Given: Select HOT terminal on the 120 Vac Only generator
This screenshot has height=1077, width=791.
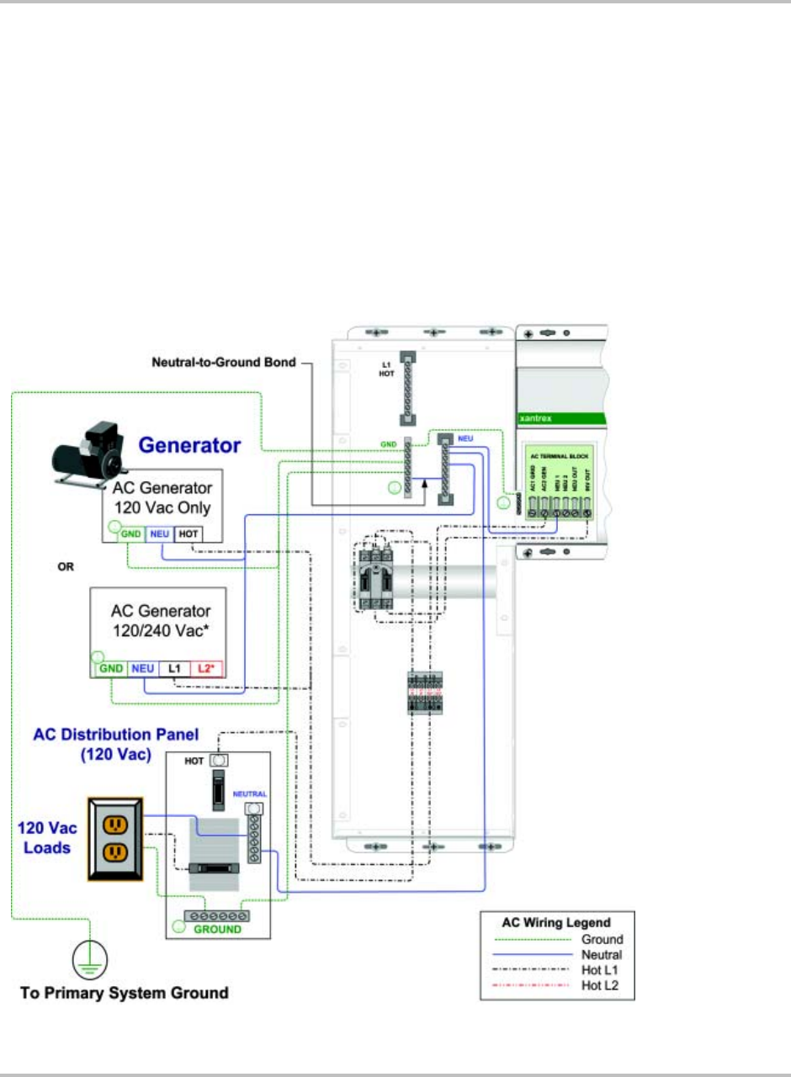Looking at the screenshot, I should coord(189,533).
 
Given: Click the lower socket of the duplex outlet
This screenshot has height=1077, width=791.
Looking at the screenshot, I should coord(115,854).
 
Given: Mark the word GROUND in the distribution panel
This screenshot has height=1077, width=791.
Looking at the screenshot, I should coord(218,929).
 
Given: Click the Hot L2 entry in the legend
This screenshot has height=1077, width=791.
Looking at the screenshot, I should coord(601,985).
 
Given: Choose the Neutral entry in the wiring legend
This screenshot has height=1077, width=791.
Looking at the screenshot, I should coord(601,954).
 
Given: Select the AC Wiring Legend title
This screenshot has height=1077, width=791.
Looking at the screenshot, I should coord(556,921).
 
